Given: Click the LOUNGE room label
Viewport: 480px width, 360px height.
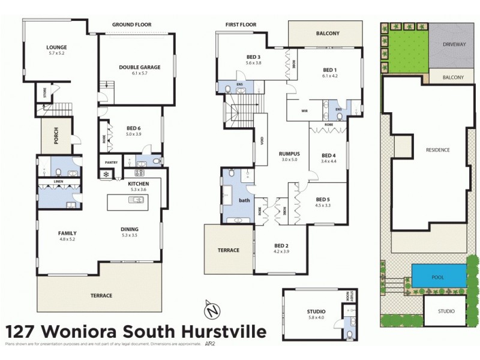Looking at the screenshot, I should point(56,47).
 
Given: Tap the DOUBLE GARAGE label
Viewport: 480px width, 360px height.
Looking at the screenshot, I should point(139,67).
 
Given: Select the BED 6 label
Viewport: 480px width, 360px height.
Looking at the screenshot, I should point(133,128).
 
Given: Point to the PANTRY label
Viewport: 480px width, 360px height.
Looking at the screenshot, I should point(110,163).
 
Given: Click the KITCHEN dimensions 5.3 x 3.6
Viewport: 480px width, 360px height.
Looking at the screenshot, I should point(139,190).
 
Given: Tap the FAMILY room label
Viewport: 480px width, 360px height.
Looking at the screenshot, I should point(67,233).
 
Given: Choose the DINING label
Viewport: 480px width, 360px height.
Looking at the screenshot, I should point(130,229).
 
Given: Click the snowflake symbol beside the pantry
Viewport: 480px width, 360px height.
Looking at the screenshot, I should point(107,175).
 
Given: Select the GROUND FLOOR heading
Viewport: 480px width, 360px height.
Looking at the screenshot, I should point(131,25).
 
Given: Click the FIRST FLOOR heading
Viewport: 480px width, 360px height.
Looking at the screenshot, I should point(241,25).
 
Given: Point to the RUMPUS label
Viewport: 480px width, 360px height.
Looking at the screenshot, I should point(289,154).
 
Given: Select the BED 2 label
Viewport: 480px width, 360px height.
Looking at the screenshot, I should point(281,245).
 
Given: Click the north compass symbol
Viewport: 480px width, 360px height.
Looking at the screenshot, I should point(211,311).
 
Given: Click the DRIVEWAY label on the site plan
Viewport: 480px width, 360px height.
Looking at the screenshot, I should point(454,45).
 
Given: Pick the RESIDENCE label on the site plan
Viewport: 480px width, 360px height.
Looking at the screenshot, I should point(437,150).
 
